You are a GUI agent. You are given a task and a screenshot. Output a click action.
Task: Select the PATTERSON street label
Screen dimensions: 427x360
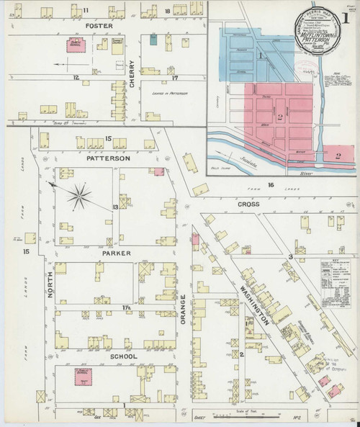pyautogui.click(x=107, y=158)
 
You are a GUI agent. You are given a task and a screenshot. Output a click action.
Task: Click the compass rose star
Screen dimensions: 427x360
pyautogui.click(x=79, y=192)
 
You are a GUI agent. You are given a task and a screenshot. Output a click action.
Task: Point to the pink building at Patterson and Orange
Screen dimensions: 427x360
pyautogui.click(x=157, y=171)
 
